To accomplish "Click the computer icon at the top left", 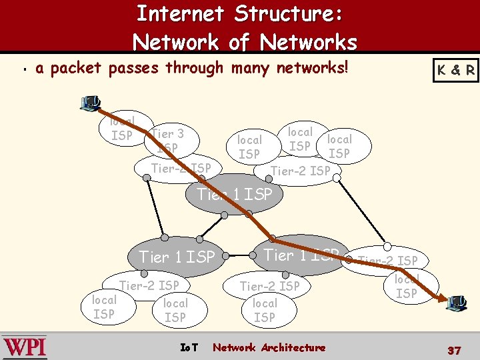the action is [90, 103].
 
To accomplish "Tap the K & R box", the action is [456, 70].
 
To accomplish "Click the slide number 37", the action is [454, 350].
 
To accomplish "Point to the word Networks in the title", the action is [309, 42].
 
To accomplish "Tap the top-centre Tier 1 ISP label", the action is [235, 195].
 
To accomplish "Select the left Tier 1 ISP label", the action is [177, 257].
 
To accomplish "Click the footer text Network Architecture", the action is [269, 347].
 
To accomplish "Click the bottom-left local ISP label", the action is [103, 307].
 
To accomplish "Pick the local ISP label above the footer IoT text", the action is [175, 310].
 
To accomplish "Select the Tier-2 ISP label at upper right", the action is [300, 171].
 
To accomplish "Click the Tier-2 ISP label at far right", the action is [388, 261].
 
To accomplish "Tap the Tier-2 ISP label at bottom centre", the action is [270, 286].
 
